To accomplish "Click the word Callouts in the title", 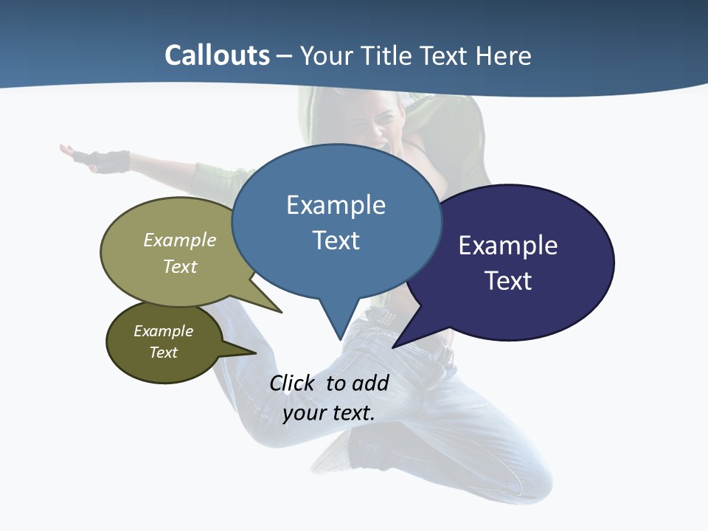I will coord(217,56).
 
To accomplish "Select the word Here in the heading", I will coord(504,56).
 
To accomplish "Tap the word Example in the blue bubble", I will coord(336,205).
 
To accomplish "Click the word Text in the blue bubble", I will coord(336,240).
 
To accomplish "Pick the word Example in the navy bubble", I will coord(507,246).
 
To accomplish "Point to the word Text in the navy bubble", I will coord(507,281).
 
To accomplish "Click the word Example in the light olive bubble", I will coord(180,240).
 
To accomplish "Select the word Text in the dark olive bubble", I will coord(164,353).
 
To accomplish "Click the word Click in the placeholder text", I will coord(292,383).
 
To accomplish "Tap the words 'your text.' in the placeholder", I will coord(328,413).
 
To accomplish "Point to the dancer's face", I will coord(376,125).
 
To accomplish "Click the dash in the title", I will coord(285,56).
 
